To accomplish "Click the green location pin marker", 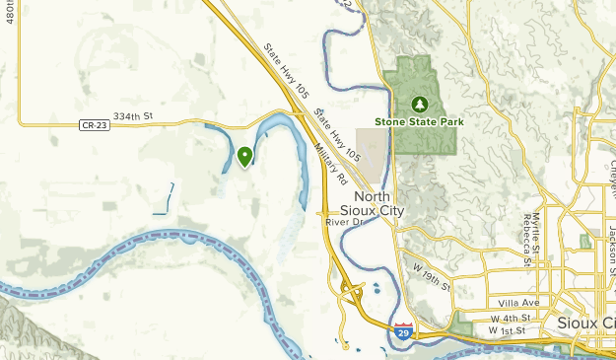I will pos(244,156).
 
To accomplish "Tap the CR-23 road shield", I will pos(92,124).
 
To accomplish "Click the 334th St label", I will pos(135,116).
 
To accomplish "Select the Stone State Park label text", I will pos(419,122).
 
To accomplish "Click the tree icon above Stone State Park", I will pos(420,103).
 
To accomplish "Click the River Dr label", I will pos(345,222).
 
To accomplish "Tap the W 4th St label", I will pos(510,319).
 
